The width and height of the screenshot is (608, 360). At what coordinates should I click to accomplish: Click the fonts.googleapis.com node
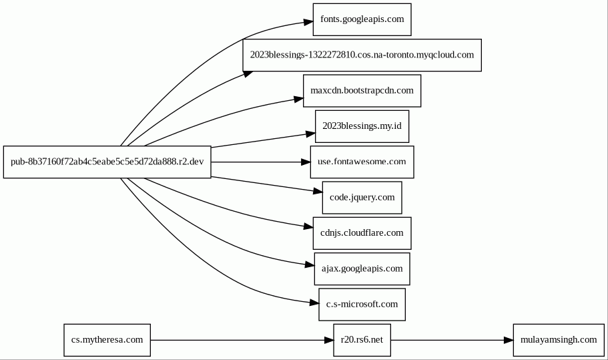click(362, 19)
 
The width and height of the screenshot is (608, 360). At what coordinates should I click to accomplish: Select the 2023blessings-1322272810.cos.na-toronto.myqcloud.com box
click(362, 55)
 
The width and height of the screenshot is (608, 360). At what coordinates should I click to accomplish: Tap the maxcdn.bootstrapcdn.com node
click(362, 91)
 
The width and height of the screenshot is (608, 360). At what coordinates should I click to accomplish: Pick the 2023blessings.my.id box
click(362, 126)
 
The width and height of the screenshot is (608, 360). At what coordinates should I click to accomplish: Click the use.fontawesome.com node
click(362, 162)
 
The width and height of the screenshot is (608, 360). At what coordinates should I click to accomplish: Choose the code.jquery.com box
click(362, 198)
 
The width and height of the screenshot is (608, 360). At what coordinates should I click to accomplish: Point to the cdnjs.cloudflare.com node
click(362, 233)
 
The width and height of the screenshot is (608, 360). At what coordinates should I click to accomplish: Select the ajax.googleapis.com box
click(362, 269)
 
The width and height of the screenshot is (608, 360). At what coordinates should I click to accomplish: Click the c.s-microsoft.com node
click(362, 305)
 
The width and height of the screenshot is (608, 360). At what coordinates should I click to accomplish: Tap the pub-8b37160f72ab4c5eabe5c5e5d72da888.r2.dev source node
click(107, 162)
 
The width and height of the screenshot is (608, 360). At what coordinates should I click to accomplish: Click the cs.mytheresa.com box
click(107, 340)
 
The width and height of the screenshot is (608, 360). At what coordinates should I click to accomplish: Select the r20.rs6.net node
click(362, 340)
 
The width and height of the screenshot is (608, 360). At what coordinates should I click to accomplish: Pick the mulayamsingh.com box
click(559, 340)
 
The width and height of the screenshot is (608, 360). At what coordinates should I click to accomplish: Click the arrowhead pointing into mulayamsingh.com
click(509, 340)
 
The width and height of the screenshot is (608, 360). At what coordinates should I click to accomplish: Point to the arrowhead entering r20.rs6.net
click(329, 340)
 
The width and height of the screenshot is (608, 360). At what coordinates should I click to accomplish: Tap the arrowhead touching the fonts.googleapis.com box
click(308, 22)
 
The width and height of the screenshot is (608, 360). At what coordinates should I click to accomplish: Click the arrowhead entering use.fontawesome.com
click(306, 162)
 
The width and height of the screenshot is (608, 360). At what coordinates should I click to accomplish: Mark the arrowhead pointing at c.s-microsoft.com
click(314, 303)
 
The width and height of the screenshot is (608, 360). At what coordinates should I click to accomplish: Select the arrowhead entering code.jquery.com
click(318, 190)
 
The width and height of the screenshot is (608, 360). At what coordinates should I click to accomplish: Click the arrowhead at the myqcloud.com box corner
click(248, 73)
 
